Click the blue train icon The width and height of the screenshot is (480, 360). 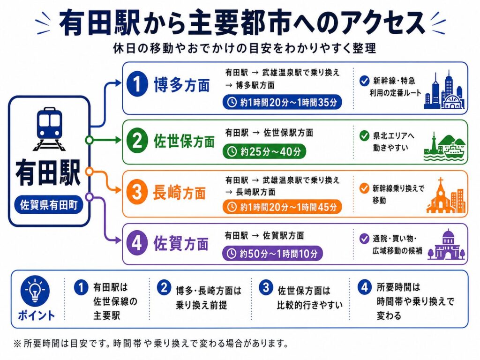point(49,128)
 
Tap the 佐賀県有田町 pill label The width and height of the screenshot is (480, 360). point(49,205)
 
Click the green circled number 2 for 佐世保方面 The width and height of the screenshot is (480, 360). point(137,141)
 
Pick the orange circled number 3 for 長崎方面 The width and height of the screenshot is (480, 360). point(137,193)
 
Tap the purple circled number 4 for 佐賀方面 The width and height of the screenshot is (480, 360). point(137,243)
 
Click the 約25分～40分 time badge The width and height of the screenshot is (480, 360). point(264,151)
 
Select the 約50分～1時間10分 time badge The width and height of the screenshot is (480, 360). point(272,253)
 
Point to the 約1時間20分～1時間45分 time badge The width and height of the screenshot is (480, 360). point(282,207)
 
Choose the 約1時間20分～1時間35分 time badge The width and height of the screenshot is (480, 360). point(282,102)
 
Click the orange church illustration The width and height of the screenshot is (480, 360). point(446,195)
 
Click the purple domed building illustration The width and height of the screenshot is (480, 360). point(447,245)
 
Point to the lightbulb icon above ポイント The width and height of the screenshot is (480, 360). point(35,291)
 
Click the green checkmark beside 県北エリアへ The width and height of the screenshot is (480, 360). point(364,135)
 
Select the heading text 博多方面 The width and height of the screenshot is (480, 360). point(182,85)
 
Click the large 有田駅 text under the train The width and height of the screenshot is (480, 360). point(48,172)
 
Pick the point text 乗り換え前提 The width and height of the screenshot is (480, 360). point(202,305)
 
